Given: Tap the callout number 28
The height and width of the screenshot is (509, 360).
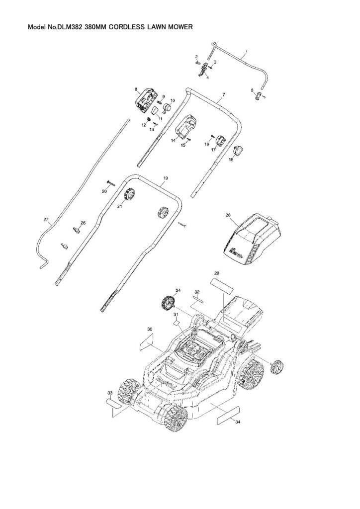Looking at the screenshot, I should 228,215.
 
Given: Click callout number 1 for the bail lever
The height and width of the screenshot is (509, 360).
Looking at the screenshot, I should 247,52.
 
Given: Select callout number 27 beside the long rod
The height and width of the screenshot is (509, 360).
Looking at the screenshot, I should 46,219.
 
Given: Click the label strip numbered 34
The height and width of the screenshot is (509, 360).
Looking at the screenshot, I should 228,415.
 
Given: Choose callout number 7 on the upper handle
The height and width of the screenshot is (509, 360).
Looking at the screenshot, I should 224,94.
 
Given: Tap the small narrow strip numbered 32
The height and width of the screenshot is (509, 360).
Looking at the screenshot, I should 198,298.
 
